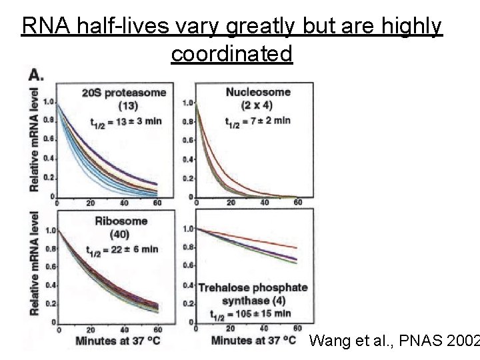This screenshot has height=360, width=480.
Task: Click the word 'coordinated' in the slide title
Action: [231, 53]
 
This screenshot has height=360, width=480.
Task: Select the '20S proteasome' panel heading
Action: [124, 92]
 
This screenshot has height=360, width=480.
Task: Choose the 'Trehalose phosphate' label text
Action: [253, 287]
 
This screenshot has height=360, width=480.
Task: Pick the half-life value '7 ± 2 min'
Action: [266, 121]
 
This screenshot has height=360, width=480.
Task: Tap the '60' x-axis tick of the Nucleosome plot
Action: [298, 203]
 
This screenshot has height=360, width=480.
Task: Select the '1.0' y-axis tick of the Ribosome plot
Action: [49, 231]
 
